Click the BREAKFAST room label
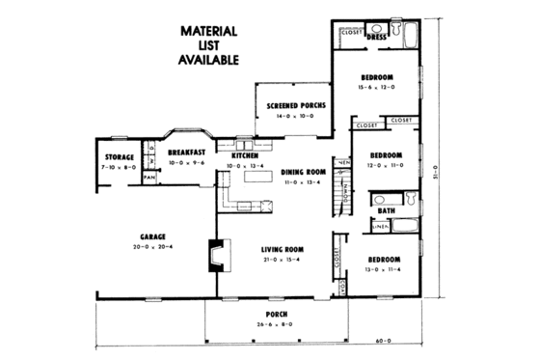[186, 152]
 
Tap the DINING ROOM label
[303, 173]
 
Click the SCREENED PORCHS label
[295, 104]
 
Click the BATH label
[386, 209]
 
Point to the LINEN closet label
[381, 228]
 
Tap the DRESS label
[377, 38]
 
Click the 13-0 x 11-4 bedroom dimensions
[384, 269]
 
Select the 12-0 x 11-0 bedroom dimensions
[384, 164]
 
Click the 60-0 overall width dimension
[385, 341]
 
